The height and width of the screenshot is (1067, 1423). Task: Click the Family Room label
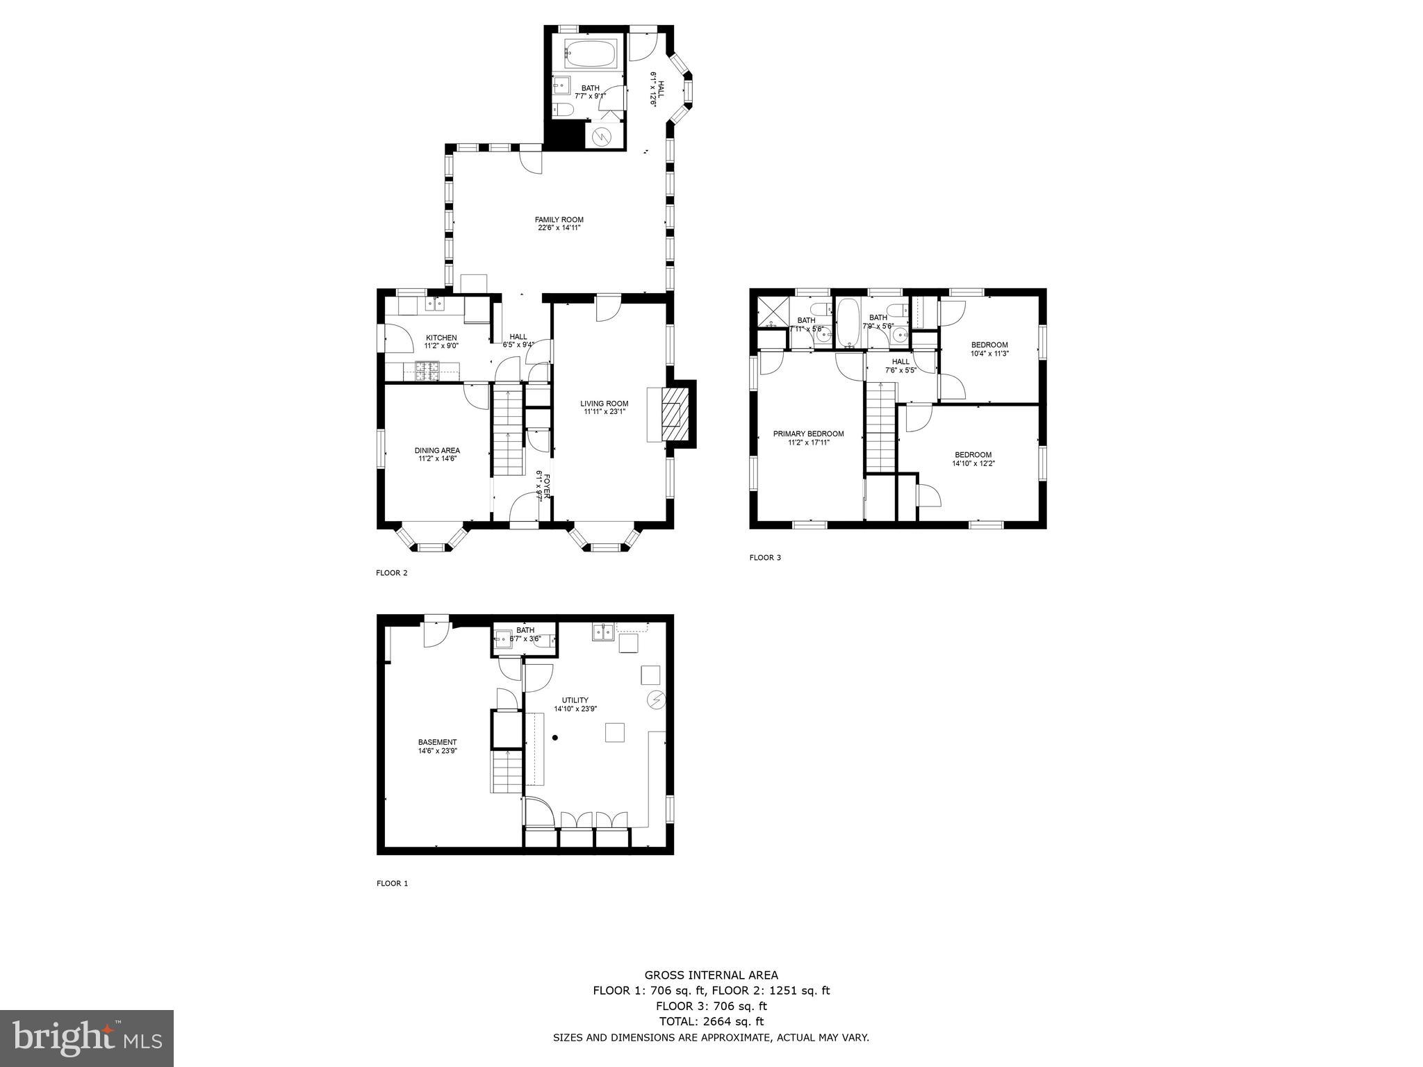(559, 220)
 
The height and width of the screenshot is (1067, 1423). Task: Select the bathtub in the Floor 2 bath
(590, 52)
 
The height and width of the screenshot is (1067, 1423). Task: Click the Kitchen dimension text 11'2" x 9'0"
(441, 346)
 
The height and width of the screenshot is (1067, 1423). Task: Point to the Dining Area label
(437, 450)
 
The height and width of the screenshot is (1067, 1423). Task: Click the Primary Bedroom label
(808, 433)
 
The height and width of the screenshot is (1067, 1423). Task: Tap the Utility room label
(575, 700)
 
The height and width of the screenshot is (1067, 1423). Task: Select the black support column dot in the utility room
(555, 738)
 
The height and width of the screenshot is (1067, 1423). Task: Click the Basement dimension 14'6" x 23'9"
(437, 750)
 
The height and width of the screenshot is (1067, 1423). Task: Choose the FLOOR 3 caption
(765, 557)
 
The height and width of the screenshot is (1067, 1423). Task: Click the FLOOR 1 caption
(392, 883)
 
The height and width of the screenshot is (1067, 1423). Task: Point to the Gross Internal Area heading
(711, 975)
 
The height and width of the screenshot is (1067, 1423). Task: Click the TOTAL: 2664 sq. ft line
(711, 1021)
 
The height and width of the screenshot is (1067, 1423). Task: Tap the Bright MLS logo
(87, 1038)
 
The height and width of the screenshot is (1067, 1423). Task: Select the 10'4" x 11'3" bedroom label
(989, 353)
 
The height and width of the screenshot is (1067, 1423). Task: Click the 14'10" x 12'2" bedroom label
(973, 463)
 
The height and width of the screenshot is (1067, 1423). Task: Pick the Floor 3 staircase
(881, 431)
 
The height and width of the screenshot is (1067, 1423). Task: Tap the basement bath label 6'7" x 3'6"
(525, 638)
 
